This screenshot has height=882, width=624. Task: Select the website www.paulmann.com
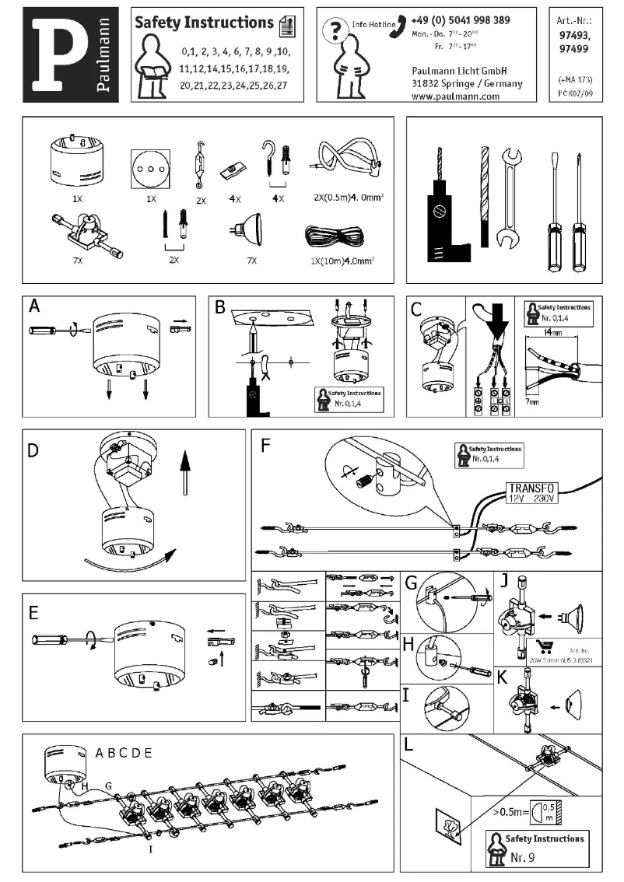pos(454,96)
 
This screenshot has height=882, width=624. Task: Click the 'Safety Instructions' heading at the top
pos(204,23)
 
